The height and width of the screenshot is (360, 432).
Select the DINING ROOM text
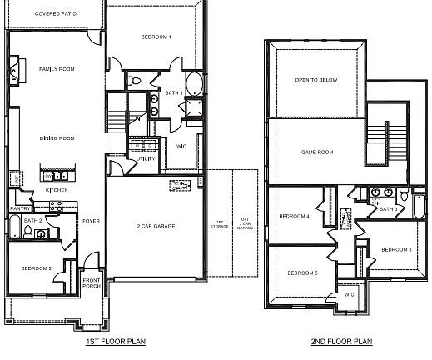pyautogui.click(x=57, y=138)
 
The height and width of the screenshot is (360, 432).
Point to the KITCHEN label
pyautogui.click(x=57, y=191)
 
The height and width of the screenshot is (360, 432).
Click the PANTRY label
pyautogui.click(x=20, y=208)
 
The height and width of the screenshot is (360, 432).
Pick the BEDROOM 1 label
pyautogui.click(x=156, y=37)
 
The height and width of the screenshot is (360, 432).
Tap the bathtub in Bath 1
pyautogui.click(x=193, y=85)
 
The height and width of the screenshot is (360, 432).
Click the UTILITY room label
pyautogui.click(x=146, y=158)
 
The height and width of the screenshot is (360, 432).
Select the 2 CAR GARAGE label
pyautogui.click(x=156, y=226)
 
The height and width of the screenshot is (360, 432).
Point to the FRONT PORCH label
pyautogui.click(x=92, y=282)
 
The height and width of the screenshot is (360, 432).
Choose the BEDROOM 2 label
pyautogui.click(x=37, y=267)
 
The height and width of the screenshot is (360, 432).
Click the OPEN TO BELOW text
pyautogui.click(x=315, y=81)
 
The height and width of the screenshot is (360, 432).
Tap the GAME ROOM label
pyautogui.click(x=316, y=152)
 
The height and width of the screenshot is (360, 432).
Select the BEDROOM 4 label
pyautogui.click(x=294, y=216)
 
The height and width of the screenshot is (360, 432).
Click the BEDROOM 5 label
pyautogui.click(x=303, y=273)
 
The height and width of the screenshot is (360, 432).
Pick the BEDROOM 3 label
pyautogui.click(x=397, y=249)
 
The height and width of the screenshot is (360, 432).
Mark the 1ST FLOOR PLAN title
pyautogui.click(x=117, y=342)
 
